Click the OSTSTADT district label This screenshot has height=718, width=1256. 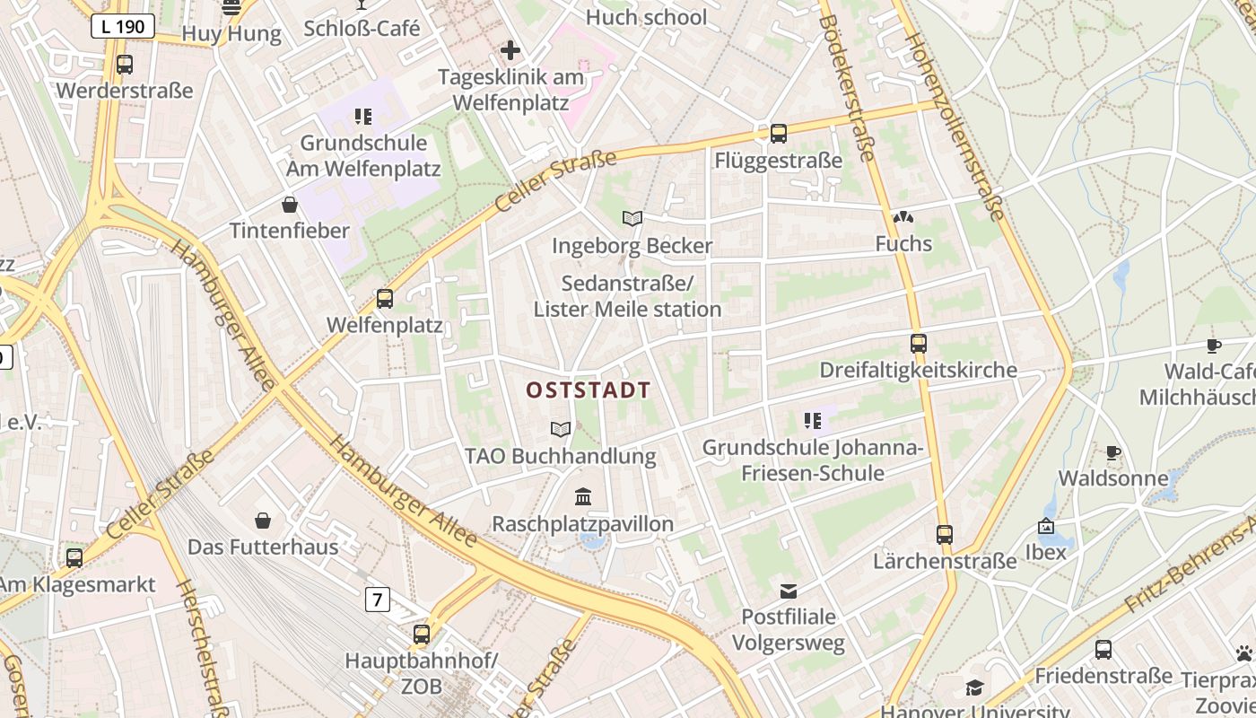(588, 390)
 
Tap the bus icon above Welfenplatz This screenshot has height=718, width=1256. (385, 298)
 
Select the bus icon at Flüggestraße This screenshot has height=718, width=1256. (778, 134)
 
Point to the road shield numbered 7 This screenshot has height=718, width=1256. (378, 599)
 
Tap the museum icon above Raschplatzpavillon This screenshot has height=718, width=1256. (583, 496)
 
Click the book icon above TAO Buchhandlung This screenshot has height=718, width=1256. (561, 429)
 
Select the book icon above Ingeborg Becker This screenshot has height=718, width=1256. (632, 218)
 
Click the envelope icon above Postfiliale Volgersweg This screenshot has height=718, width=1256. (789, 591)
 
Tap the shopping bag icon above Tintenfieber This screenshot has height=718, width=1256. (290, 205)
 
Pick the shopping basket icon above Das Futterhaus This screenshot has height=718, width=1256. (263, 521)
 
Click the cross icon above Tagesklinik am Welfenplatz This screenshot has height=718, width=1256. (510, 50)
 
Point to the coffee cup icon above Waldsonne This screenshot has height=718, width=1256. (1113, 453)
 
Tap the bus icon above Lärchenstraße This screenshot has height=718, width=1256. (945, 535)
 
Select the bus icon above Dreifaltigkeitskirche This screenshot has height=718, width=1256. (918, 343)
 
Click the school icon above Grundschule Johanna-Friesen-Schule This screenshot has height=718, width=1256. (813, 420)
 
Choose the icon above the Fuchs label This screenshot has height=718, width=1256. (903, 217)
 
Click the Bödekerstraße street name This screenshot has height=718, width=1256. (846, 87)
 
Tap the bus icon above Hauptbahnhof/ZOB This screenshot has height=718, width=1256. (422, 635)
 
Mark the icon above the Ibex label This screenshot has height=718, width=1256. (1045, 526)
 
